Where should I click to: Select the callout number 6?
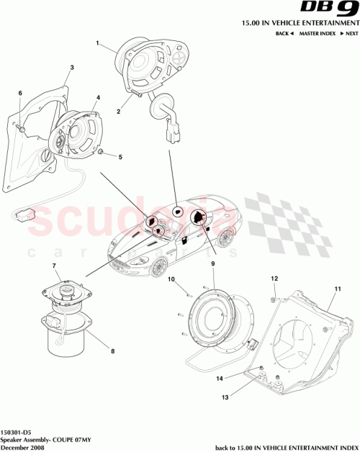pyautogui.click(x=20, y=93)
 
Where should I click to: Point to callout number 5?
pyautogui.click(x=120, y=157)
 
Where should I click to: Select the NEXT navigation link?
pyautogui.click(x=351, y=34)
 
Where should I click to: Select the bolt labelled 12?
pyautogui.click(x=274, y=291)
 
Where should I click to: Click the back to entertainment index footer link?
pyautogui.click(x=282, y=446)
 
